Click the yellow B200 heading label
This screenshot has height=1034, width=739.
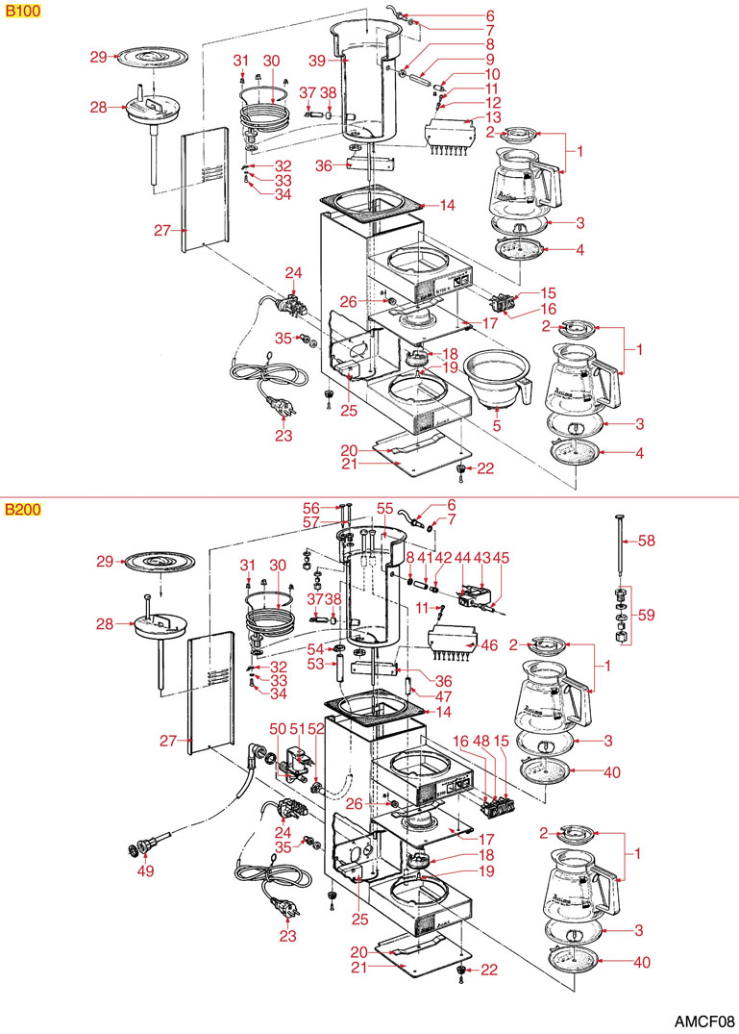22,509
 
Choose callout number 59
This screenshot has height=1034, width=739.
649,614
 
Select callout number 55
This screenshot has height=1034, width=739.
384,508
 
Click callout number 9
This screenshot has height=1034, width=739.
490,60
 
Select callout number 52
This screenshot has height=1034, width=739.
313,728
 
